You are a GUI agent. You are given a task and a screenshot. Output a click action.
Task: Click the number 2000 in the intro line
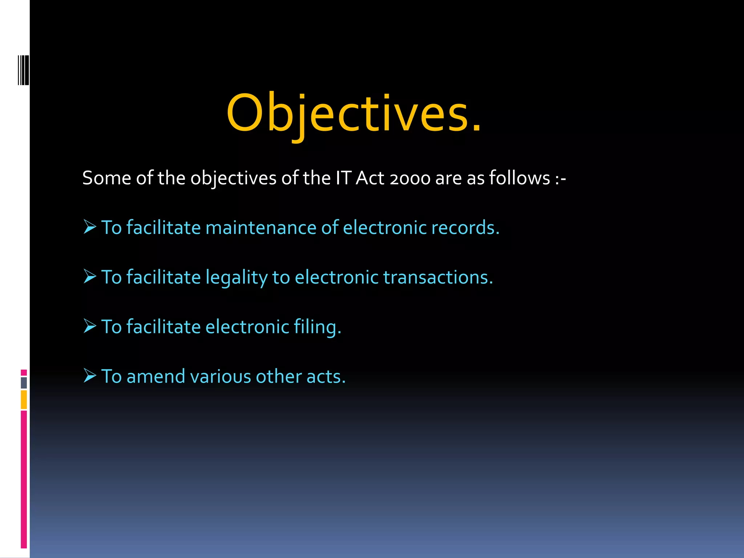[x=410, y=178]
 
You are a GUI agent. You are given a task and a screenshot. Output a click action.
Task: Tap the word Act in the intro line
[x=370, y=178]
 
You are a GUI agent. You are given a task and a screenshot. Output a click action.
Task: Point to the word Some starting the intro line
[x=106, y=178]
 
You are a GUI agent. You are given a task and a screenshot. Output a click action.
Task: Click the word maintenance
[x=261, y=228]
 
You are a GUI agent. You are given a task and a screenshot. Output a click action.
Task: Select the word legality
[x=236, y=278]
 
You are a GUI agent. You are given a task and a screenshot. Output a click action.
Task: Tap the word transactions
[x=438, y=278]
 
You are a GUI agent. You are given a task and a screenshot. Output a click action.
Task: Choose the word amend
[x=156, y=376]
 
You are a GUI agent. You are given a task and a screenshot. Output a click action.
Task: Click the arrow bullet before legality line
[x=90, y=276]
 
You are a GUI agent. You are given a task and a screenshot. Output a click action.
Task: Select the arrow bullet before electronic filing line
[x=90, y=326]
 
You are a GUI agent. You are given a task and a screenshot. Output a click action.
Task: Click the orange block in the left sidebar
[x=24, y=400]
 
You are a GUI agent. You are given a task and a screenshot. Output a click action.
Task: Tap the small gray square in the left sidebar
[x=24, y=383]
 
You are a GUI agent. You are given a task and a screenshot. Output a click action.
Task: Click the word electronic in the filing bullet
[x=247, y=327]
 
